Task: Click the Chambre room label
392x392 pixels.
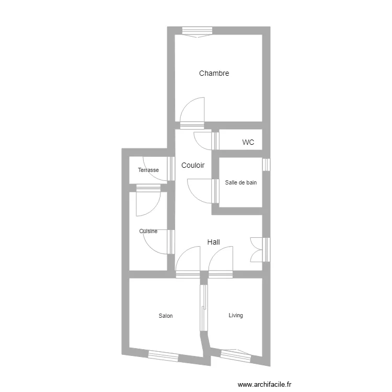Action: coord(214,74)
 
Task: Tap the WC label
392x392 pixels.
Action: coord(248,142)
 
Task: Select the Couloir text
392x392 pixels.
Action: coord(193,166)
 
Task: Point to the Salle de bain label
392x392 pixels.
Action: coord(241,183)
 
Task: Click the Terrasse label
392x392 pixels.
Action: coord(148,170)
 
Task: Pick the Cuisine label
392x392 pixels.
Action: coord(148,231)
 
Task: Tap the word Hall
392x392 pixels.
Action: coord(213,242)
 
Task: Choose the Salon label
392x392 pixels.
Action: coord(166,316)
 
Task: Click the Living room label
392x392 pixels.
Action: coord(236,315)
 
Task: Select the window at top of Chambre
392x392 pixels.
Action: coord(198,31)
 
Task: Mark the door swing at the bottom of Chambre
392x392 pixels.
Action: coord(192,111)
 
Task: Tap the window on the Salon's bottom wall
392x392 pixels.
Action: coord(163,355)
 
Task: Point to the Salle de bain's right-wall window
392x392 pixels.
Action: coord(266,165)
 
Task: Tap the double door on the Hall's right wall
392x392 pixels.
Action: coord(258,249)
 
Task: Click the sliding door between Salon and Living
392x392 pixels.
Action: coord(204,308)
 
